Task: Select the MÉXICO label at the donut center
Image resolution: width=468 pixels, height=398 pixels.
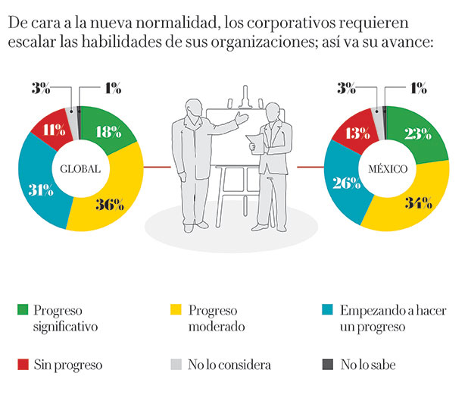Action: click(x=386, y=168)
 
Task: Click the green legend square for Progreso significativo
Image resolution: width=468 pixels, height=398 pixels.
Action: click(x=23, y=309)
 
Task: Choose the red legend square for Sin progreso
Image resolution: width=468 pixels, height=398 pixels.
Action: click(x=23, y=365)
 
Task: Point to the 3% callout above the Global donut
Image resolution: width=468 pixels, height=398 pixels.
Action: click(x=40, y=88)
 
